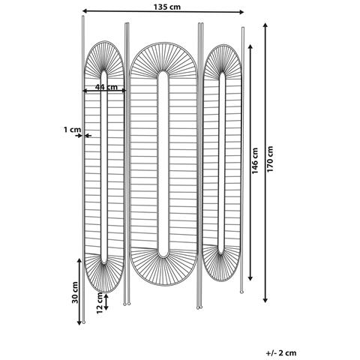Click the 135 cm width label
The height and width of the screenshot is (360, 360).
click(x=166, y=7)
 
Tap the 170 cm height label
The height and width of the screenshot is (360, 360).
click(x=270, y=159)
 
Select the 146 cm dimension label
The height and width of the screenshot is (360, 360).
click(x=255, y=161)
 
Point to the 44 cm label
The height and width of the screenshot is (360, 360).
click(x=106, y=87)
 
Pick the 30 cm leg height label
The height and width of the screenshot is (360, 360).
click(x=75, y=292)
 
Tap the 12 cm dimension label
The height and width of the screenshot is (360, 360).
click(x=100, y=303)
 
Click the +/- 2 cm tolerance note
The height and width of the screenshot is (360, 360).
click(x=281, y=353)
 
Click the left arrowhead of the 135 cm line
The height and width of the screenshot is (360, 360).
click(x=85, y=10)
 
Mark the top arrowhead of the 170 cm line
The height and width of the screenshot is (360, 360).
click(x=265, y=25)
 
